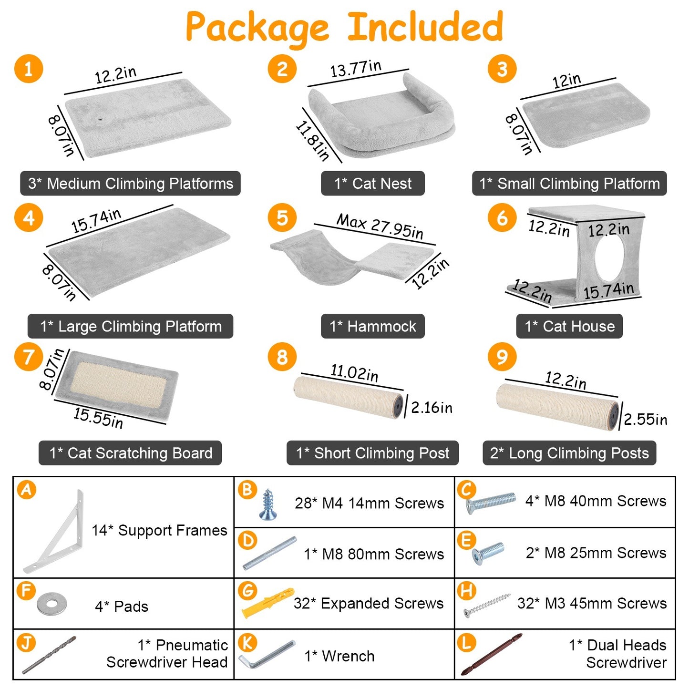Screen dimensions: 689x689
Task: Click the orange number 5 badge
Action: click(282, 218)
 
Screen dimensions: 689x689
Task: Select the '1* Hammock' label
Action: click(372, 326)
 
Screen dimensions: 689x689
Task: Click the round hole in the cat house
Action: click(609, 258)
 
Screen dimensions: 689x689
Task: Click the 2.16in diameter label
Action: click(432, 408)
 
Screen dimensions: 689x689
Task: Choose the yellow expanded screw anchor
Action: click(268, 602)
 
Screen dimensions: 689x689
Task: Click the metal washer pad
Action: click(52, 604)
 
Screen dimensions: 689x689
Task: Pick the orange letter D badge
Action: click(247, 540)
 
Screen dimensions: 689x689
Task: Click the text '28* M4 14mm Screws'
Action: click(370, 503)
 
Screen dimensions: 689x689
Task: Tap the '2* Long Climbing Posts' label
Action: click(569, 453)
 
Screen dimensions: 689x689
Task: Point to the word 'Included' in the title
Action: click(425, 27)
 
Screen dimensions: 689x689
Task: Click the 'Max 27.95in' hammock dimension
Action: click(380, 226)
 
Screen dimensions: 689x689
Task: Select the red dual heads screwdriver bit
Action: click(492, 655)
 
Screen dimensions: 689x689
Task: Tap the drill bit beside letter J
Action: click(49, 655)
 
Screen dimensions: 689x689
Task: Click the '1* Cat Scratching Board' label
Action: click(130, 453)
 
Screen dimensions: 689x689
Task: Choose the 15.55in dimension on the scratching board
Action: click(98, 418)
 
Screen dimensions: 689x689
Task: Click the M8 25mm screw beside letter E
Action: click(488, 553)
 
